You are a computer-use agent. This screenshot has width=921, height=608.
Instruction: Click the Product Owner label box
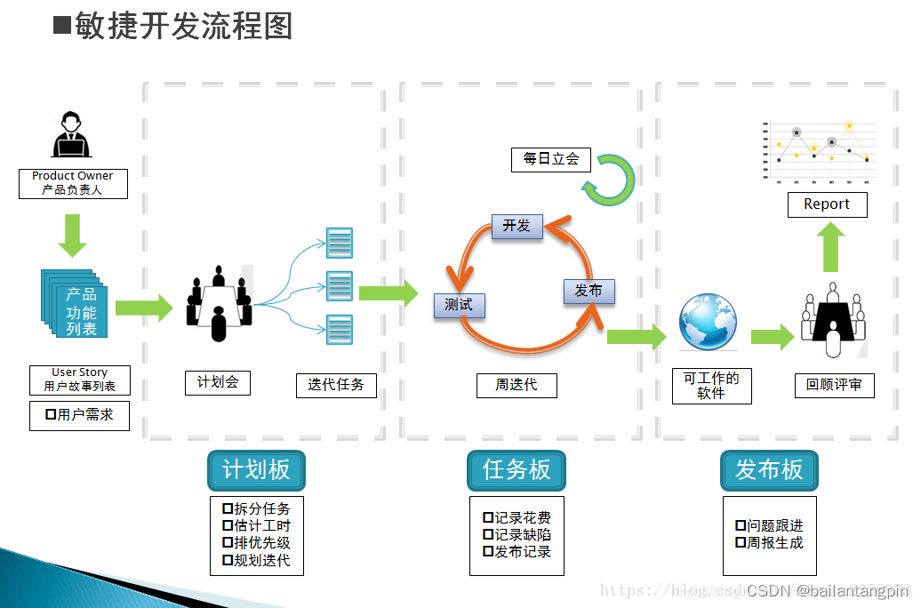coord(73,183)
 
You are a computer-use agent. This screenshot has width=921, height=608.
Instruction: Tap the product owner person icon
coord(72,135)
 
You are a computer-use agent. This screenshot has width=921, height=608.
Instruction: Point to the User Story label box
coord(79,380)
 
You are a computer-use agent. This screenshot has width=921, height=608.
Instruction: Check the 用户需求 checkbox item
coord(79,415)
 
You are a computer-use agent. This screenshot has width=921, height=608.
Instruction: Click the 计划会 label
coord(218,382)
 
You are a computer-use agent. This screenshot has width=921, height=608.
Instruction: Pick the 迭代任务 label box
coord(336,385)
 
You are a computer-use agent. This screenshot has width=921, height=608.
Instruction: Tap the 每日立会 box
coord(551,159)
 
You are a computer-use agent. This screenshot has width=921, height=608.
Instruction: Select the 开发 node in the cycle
coord(517,226)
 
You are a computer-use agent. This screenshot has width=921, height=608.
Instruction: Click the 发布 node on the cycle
coord(589,292)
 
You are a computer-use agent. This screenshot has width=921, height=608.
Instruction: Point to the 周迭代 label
coord(517,385)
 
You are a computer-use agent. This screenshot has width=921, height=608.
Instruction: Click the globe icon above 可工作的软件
coord(708,322)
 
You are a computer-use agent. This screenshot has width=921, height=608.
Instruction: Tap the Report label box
coord(827,204)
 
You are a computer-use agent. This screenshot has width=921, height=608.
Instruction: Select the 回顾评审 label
coord(834,385)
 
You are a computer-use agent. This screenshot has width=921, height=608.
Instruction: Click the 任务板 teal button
coord(517,470)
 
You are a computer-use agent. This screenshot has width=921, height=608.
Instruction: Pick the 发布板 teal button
coord(769,470)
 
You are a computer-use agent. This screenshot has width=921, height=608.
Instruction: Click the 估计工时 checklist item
coord(256,526)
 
